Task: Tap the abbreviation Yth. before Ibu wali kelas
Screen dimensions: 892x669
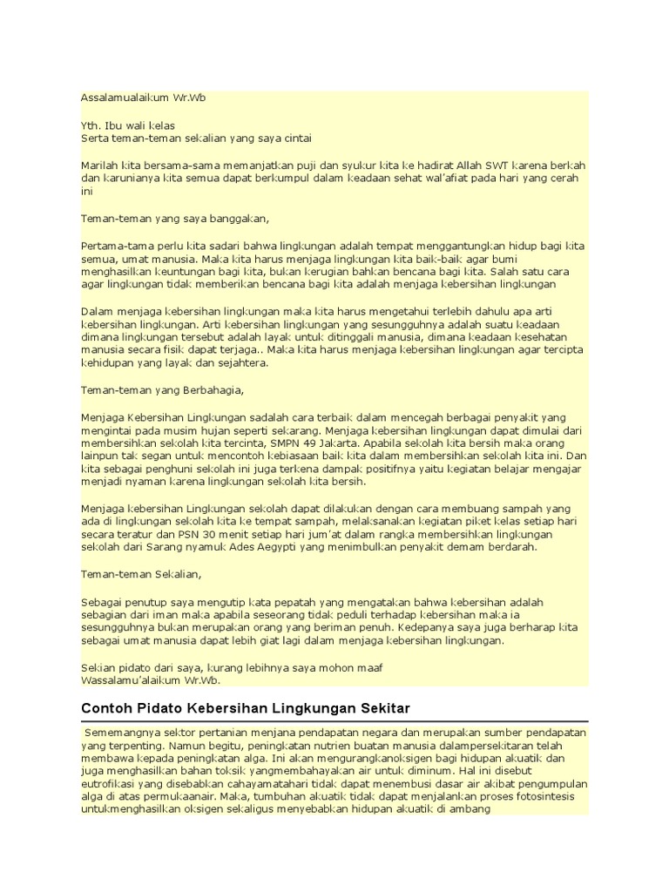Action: [x=91, y=125]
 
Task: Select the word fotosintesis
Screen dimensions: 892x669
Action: [x=550, y=796]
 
